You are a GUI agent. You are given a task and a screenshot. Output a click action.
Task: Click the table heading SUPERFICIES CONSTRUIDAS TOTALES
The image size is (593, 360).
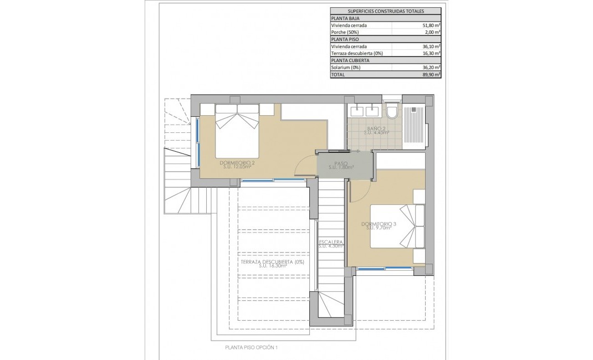[385, 11]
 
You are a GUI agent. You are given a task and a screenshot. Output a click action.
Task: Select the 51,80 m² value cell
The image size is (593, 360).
[430, 25]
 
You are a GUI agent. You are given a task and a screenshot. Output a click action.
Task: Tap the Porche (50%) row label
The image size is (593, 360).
[347, 33]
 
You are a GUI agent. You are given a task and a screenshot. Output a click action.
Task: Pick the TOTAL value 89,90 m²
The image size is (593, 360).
[430, 74]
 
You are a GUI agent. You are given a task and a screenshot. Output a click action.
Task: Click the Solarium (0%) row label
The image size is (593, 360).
[346, 68]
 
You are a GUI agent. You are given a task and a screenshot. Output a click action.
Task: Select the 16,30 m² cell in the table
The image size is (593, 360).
[430, 53]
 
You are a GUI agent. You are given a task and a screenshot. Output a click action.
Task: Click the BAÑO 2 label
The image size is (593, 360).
[376, 131]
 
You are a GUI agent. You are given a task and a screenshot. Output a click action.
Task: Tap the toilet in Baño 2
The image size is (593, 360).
[392, 111]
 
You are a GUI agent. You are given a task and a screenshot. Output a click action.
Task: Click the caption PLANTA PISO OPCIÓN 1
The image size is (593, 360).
[251, 348]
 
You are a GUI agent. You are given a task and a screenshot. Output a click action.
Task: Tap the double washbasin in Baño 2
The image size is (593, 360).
[365, 110]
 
